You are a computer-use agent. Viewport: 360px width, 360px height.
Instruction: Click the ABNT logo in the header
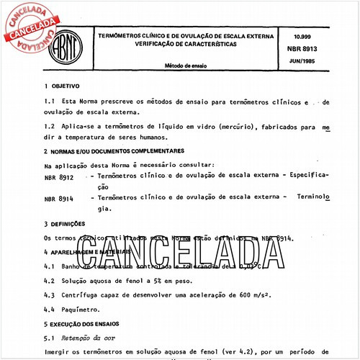[x=67, y=51]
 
